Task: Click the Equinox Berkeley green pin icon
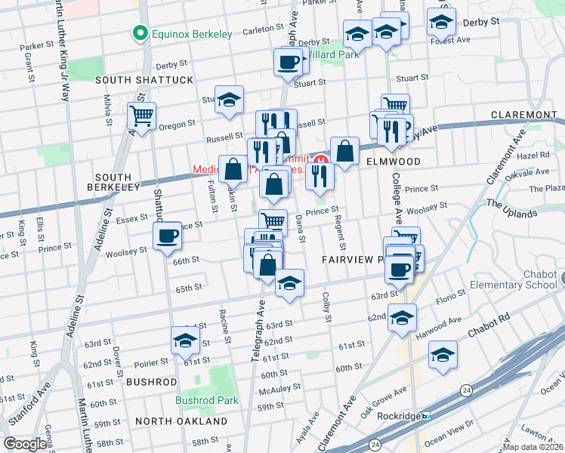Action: tap(139, 32)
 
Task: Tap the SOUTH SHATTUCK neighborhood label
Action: tap(144, 80)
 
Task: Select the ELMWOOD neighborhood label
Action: tap(392, 161)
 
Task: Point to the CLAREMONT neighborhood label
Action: tap(523, 115)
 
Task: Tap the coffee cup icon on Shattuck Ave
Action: tap(167, 236)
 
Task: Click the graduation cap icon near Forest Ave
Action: tap(441, 23)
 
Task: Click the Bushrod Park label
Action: tap(206, 401)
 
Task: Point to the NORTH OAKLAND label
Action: tap(181, 421)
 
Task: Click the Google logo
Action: tap(24, 444)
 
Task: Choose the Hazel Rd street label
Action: tap(535, 155)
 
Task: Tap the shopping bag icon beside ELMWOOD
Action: tap(344, 151)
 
